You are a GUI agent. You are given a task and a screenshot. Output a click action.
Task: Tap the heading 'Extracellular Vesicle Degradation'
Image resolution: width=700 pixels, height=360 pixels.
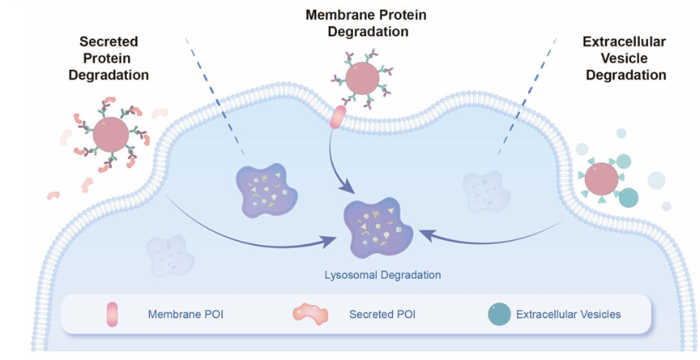(x=625, y=58)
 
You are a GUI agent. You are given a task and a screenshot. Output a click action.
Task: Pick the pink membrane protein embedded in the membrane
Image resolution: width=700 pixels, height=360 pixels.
(x=339, y=117)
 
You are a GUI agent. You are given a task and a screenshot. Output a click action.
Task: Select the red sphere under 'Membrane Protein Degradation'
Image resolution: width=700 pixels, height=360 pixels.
(x=364, y=80)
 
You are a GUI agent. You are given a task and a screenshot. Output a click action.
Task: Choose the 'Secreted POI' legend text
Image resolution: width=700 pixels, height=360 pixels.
(x=381, y=313)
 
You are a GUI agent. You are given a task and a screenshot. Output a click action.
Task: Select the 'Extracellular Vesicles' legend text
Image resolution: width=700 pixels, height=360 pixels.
(x=568, y=313)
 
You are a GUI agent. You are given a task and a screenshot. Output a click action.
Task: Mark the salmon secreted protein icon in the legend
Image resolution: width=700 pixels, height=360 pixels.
(x=309, y=313)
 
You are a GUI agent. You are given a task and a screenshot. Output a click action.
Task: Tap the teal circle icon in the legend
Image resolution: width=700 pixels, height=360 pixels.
(x=497, y=313)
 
